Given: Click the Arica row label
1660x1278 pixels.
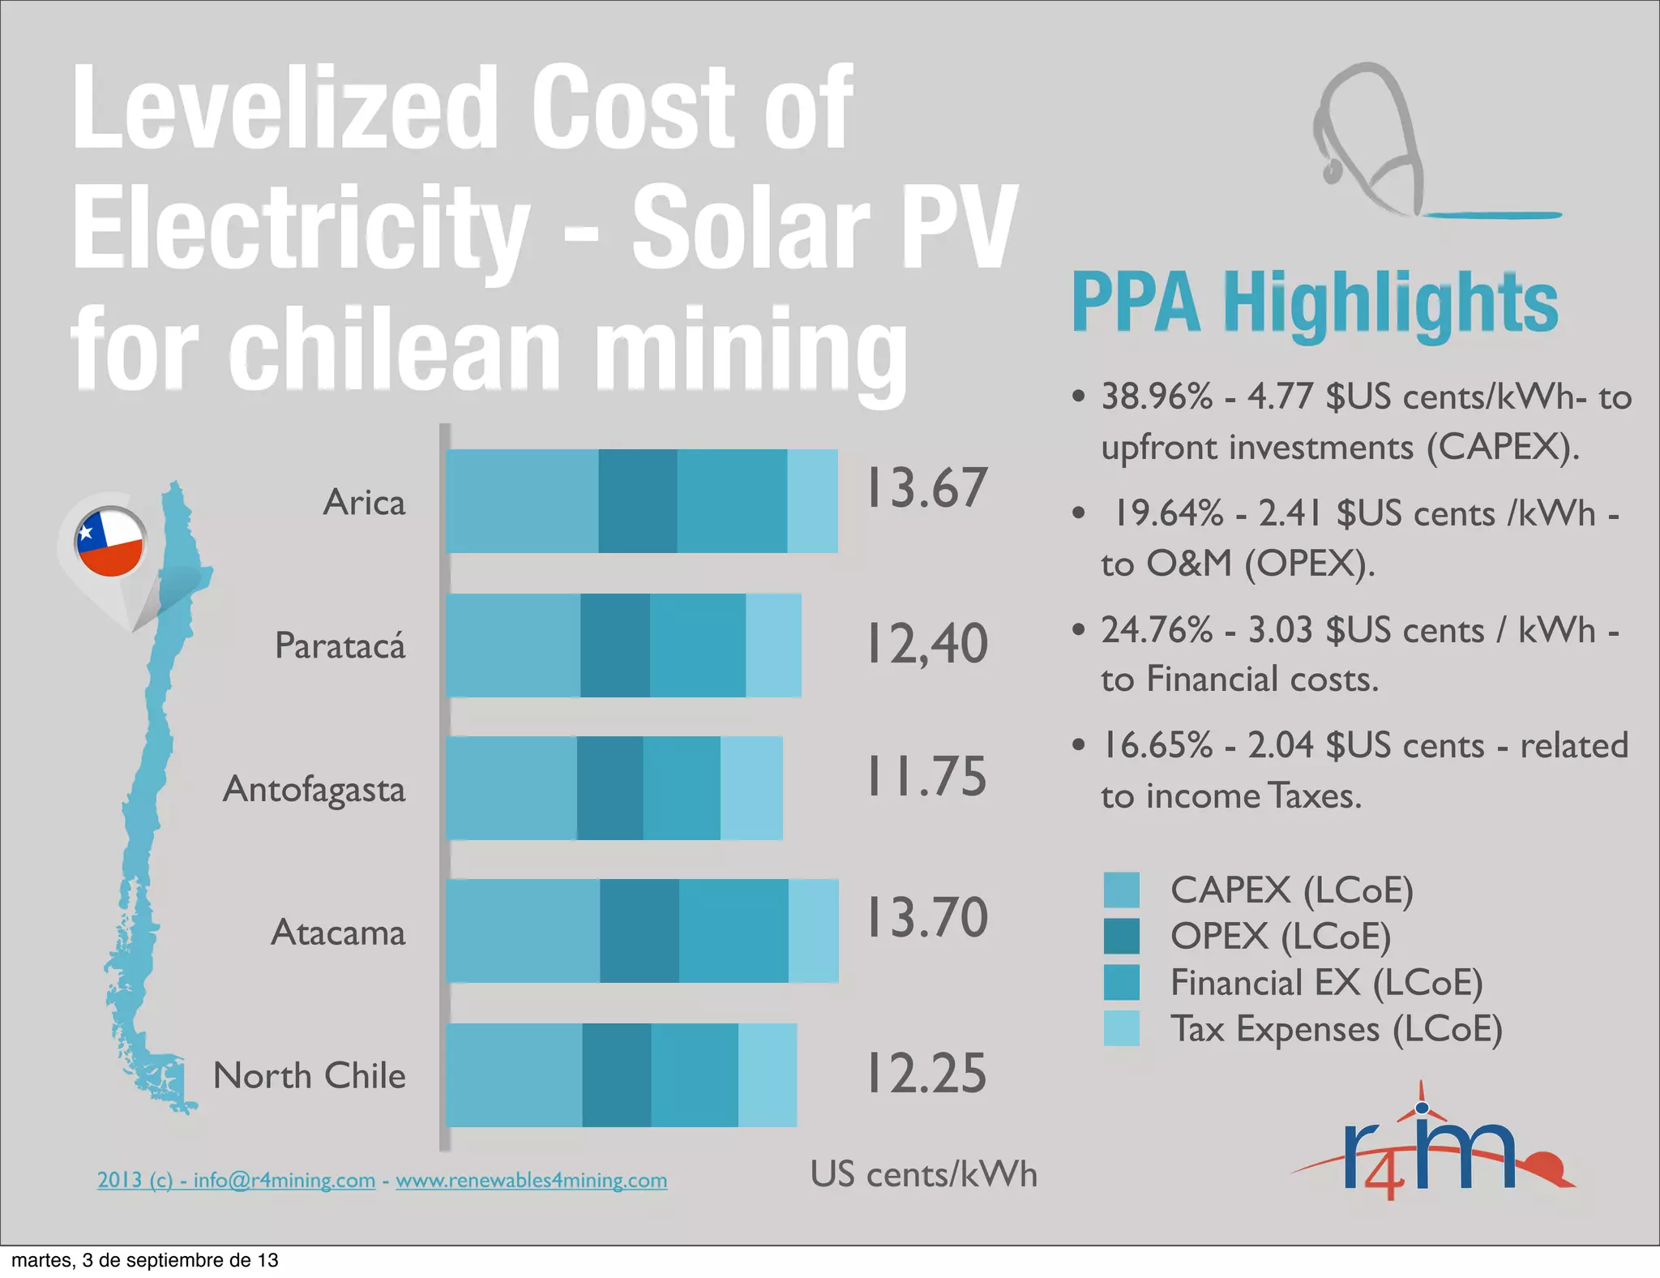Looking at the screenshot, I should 364,503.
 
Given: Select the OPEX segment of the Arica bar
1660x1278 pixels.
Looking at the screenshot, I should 637,501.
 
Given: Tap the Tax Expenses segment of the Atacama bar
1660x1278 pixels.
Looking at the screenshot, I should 813,931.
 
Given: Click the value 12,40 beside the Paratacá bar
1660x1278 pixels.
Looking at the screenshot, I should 927,645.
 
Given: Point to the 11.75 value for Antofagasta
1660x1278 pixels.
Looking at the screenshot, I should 927,776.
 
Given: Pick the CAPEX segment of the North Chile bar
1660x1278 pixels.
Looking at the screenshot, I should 514,1075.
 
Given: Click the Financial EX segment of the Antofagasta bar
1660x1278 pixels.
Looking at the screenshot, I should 681,788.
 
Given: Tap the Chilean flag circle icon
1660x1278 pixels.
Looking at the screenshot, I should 110,542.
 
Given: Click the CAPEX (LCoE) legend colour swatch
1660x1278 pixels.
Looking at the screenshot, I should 1121,890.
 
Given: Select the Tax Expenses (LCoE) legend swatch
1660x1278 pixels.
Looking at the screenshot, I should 1121,1028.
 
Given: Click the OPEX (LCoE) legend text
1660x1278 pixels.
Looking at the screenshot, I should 1280,937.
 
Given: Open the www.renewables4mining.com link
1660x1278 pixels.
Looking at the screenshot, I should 531,1180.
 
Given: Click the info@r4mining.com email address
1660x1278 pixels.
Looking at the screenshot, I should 284,1180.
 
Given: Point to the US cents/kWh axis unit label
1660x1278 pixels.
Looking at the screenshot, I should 923,1174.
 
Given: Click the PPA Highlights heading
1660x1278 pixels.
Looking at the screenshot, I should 1314,303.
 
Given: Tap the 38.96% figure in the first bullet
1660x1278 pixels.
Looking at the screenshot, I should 1157,397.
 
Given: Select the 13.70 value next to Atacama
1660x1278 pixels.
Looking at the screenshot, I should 927,918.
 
